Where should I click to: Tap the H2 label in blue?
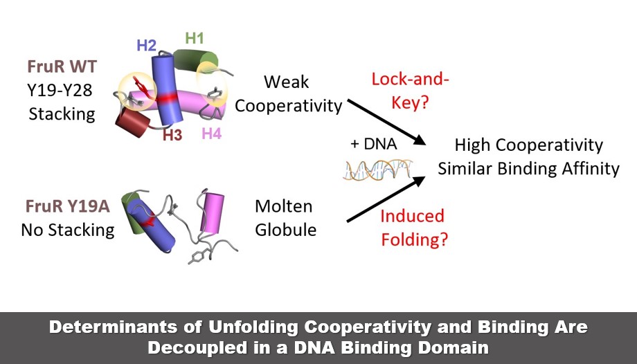pos(146,46)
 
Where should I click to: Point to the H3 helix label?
pos(172,134)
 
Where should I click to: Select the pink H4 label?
pos(212,134)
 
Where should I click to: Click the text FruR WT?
pos(62,67)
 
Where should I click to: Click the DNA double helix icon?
pos(378,170)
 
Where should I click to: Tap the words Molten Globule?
pos(285,217)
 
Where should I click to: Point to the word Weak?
pos(287,82)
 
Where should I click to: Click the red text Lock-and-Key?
pos(411,89)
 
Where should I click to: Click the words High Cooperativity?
pos(529,145)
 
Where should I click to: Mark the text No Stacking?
pos(67,229)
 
